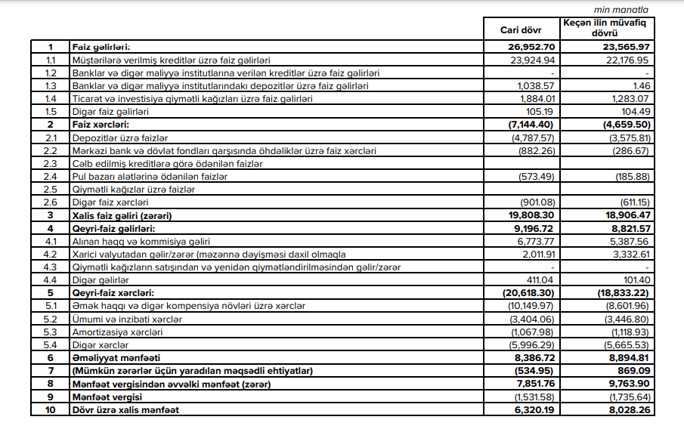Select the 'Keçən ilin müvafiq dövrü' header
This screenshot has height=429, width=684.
tap(607, 29)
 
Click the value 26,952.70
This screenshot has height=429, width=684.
tap(534, 47)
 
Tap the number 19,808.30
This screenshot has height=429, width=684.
tap(534, 215)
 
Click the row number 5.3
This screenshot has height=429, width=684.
tap(51, 332)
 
